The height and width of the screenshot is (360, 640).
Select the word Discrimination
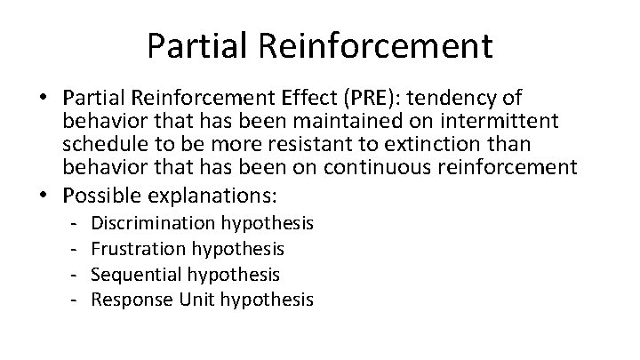pos(154,222)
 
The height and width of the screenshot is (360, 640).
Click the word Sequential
pos(134,274)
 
